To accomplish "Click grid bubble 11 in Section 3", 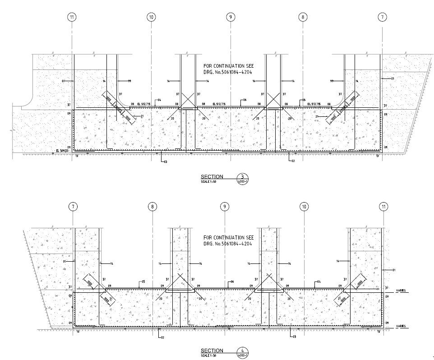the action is tap(72, 17).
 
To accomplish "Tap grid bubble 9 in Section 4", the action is tap(224, 207).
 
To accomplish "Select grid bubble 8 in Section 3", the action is tap(303, 17).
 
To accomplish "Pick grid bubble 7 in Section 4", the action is tap(73, 207).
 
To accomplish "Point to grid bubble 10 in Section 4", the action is tap(304, 207).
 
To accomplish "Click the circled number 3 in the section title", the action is tap(242, 177).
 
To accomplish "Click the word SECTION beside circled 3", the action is tap(212, 176).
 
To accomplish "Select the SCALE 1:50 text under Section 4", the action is tap(208, 355).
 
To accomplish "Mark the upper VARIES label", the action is tap(401, 291).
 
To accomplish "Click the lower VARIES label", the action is tap(401, 326).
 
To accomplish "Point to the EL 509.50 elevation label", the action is tap(61, 151).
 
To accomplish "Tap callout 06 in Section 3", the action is tap(244, 100).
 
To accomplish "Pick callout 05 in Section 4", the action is tap(143, 282).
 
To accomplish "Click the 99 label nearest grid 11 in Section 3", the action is tap(129, 81).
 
